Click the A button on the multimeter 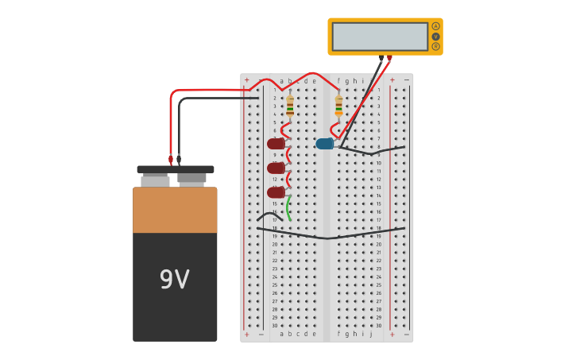click(435, 26)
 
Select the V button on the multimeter click(435, 37)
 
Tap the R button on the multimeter click(435, 46)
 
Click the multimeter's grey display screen click(380, 37)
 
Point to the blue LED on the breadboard click(324, 144)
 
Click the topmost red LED click(275, 144)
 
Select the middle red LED click(275, 168)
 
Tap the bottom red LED click(275, 192)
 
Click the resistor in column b click(290, 106)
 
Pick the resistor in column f click(338, 106)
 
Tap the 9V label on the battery click(175, 280)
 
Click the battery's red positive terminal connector click(170, 159)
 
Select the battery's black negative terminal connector click(179, 159)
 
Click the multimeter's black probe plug click(381, 57)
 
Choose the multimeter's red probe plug click(389, 57)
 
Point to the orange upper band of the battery click(175, 210)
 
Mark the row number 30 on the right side click(379, 325)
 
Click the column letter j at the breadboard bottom click(371, 334)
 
